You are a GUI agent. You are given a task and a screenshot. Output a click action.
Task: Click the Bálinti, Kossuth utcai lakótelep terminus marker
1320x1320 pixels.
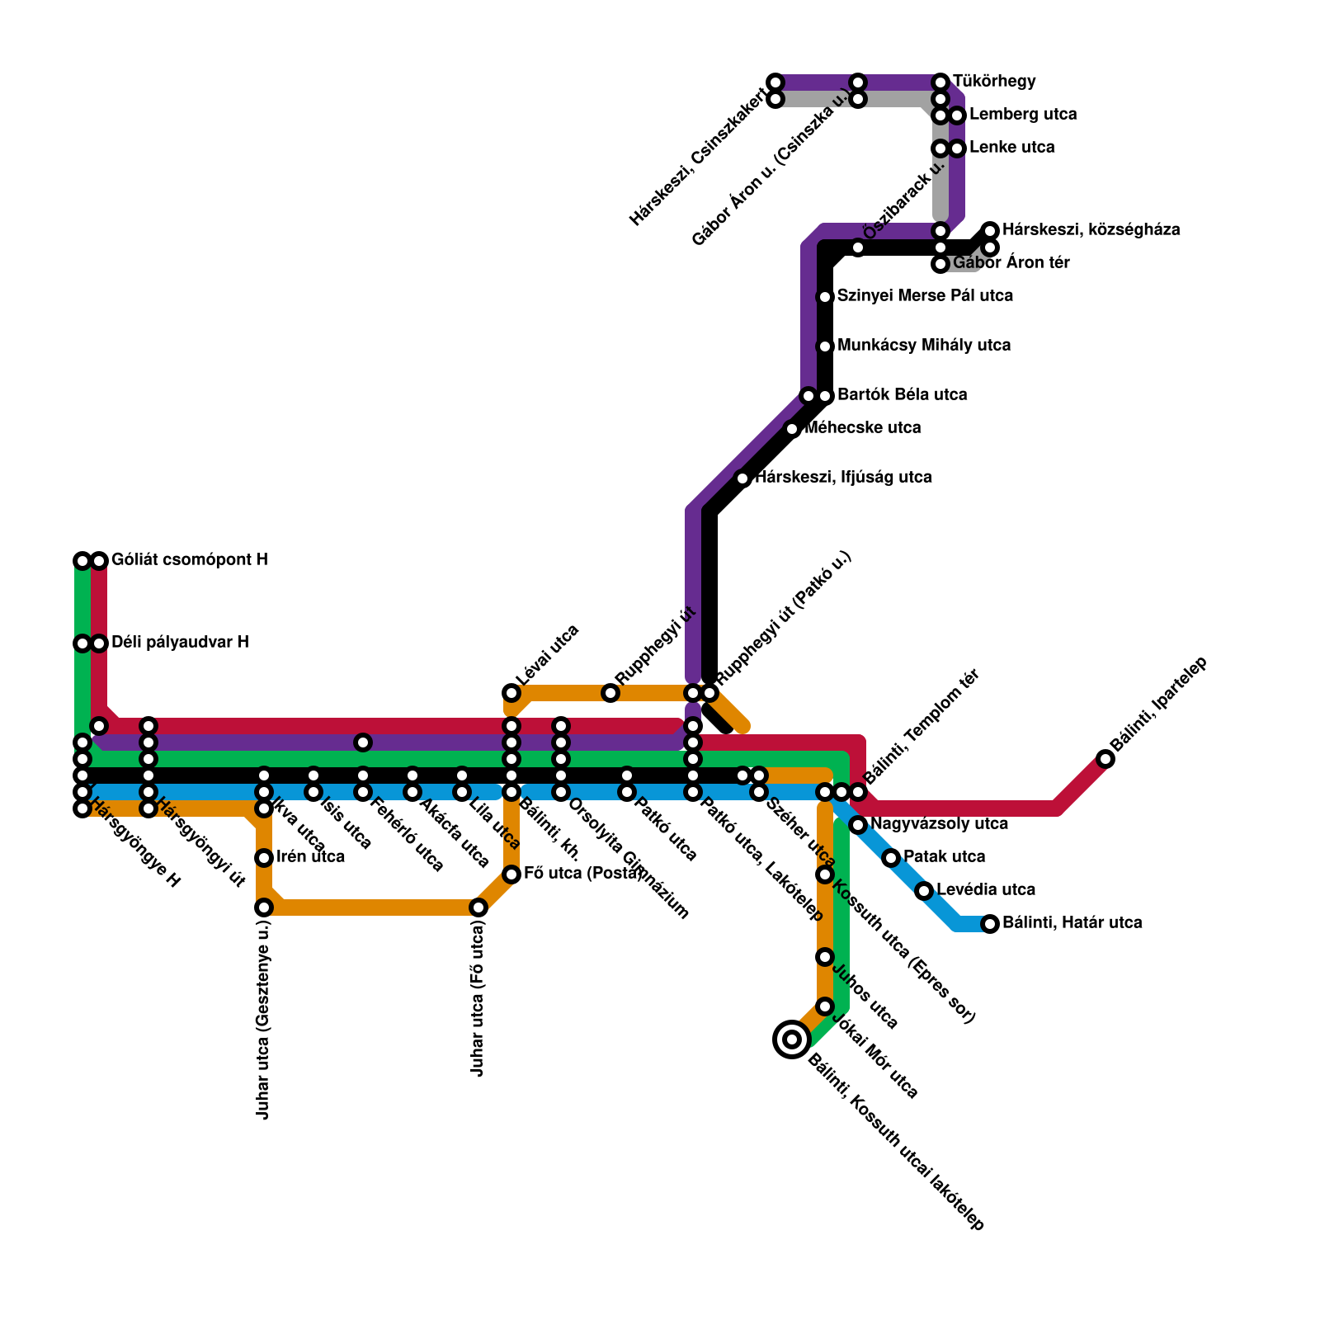click(x=792, y=1039)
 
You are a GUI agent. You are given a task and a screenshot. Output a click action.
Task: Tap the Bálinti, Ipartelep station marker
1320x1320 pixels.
click(x=1105, y=759)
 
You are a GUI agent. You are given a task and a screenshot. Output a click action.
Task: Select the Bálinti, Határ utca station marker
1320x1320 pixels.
click(x=990, y=924)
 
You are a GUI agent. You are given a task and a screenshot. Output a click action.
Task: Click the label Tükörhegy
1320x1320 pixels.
click(x=994, y=82)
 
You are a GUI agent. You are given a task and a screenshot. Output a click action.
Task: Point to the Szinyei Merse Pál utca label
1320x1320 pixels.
click(x=925, y=296)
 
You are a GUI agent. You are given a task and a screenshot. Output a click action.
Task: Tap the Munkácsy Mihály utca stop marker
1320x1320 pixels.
click(x=825, y=346)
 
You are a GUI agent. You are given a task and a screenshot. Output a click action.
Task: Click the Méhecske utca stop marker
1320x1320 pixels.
click(x=792, y=429)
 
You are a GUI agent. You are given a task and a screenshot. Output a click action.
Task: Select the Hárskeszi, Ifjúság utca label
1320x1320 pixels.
click(x=843, y=478)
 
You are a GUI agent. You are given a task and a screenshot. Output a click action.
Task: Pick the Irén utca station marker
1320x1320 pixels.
click(x=264, y=858)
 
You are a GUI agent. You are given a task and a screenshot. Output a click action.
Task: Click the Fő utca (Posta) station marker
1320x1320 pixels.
click(x=511, y=874)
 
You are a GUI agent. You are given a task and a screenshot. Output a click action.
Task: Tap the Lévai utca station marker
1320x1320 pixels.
click(x=511, y=693)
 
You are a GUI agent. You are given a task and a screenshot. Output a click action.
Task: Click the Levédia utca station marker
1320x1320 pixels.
click(x=924, y=891)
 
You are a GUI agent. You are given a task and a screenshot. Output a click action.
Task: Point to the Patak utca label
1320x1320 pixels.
click(x=944, y=857)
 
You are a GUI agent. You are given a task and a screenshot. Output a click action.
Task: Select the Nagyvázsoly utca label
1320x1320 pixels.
click(x=939, y=824)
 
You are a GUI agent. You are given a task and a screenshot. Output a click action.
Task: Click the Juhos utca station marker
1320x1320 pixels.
click(x=825, y=957)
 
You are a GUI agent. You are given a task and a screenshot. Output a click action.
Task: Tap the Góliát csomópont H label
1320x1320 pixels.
click(x=189, y=560)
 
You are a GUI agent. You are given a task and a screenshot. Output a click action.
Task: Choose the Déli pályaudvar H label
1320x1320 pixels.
click(x=180, y=643)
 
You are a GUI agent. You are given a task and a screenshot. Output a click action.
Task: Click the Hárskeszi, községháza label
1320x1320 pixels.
click(x=1091, y=230)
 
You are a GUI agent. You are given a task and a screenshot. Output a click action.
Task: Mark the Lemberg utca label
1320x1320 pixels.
click(x=1023, y=115)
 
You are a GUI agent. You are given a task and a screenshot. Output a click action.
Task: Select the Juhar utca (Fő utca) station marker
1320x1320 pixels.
click(x=478, y=907)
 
